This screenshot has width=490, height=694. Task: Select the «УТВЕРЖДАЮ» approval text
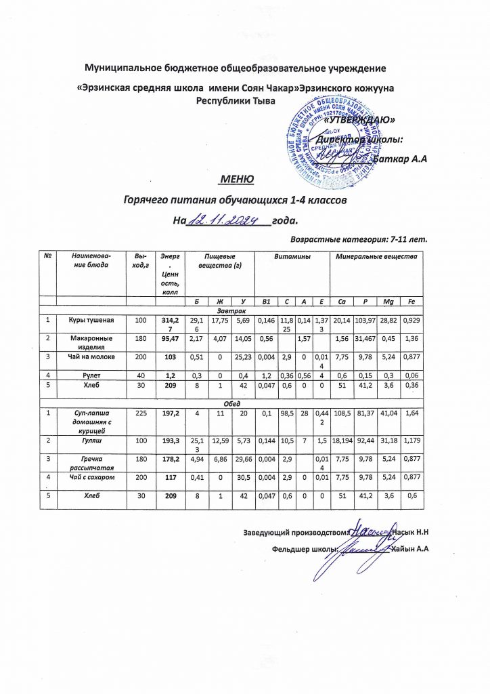(361, 119)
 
